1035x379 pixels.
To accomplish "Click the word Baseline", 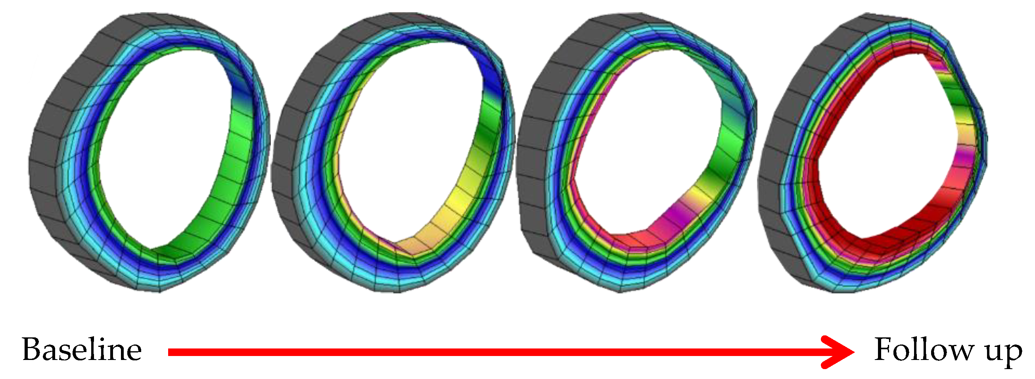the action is (x=82, y=350).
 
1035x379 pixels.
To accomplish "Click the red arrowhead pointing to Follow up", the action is (x=838, y=352).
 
